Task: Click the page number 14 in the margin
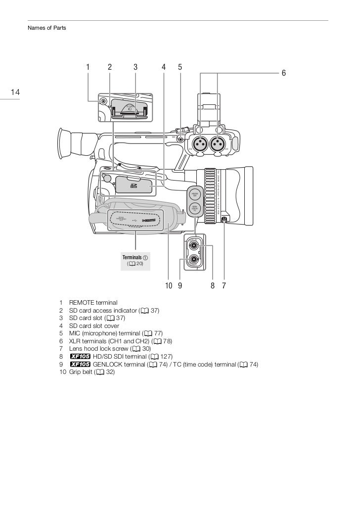coord(14,92)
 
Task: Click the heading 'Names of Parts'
coord(46,28)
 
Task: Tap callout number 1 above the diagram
coord(88,67)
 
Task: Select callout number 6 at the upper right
coord(283,73)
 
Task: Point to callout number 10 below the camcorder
coord(168,285)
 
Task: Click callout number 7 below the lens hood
coord(224,285)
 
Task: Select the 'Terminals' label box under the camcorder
coord(135,261)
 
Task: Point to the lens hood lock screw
coord(225,220)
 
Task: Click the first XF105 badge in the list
coord(80,357)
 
